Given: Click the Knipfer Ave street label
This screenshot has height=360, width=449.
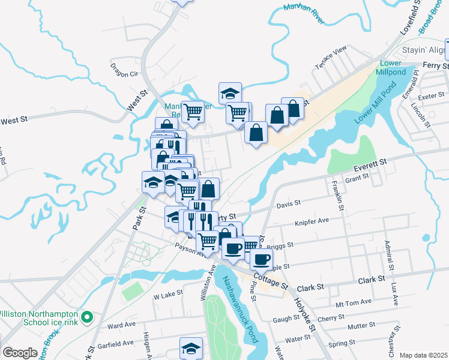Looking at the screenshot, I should pos(312,221).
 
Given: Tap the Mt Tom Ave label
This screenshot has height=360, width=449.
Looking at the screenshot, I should pos(354,302).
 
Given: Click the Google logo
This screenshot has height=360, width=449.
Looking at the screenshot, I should pos(20,353).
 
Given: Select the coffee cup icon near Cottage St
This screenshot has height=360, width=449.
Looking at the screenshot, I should pos(261,259).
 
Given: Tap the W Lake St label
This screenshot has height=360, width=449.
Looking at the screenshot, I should pos(167,295).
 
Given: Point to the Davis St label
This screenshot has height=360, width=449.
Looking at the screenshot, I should pos(288,205).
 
